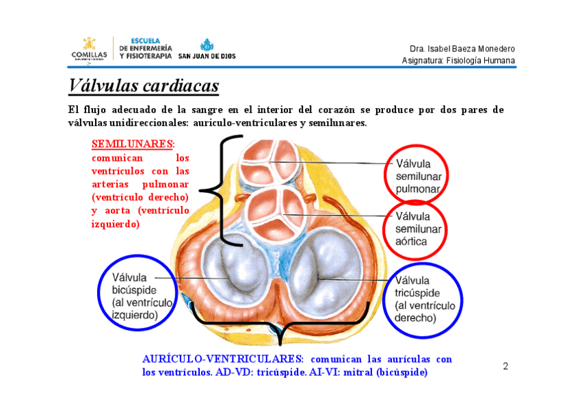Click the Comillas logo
89,49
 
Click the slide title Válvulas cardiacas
144,86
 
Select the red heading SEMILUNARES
133,144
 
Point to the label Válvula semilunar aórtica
419,228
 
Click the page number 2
505,366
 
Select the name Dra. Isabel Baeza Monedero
462,49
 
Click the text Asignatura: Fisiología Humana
458,61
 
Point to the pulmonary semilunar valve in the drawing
269,162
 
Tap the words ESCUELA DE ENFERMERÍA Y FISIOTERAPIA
146,49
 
